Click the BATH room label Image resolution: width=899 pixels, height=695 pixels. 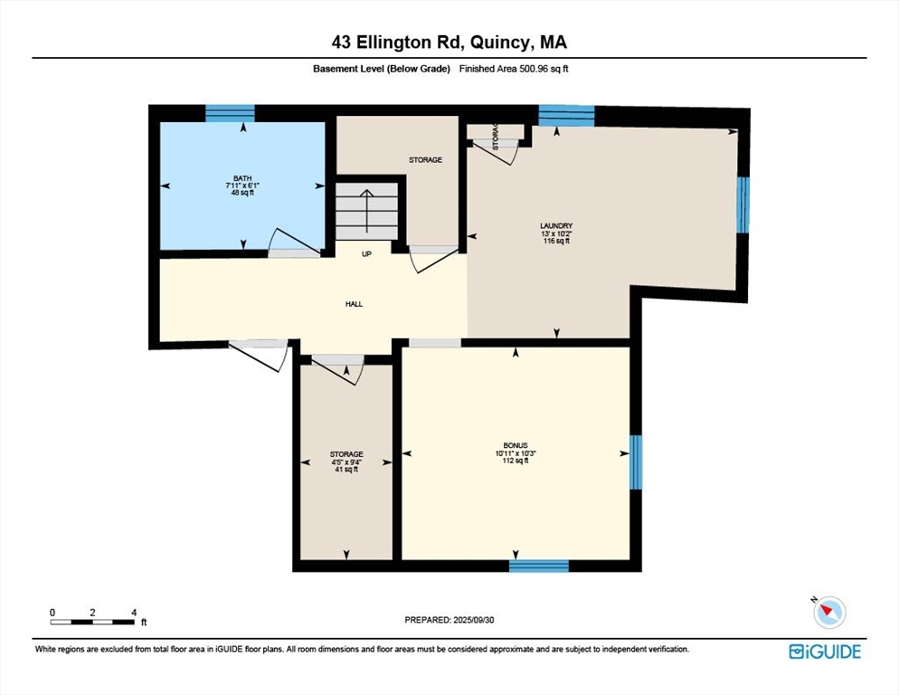coord(242,178)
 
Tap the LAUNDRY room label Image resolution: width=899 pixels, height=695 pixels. coord(556,226)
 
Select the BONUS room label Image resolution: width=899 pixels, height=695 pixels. coord(516,445)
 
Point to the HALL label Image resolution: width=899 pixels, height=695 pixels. coord(354,304)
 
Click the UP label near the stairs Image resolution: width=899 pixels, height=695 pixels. coord(366,254)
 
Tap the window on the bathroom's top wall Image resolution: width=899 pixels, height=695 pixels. coord(230,113)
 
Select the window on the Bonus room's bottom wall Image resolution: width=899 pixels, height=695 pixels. coord(539,566)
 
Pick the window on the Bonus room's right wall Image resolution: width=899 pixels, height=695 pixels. coord(636,462)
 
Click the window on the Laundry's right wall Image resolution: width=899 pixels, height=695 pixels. coord(743,205)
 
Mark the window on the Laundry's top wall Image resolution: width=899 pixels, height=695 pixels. coord(566,115)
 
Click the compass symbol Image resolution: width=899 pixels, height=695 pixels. coord(829,612)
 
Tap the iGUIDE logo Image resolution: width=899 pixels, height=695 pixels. coord(825,652)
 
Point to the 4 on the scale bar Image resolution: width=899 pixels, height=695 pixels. coord(134,613)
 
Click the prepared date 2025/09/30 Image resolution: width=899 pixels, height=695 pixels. coord(474,620)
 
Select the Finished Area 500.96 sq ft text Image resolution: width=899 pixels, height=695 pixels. coord(514,69)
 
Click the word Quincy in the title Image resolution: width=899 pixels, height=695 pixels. coord(497,43)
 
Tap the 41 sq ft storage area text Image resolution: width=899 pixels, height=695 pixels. coord(346,470)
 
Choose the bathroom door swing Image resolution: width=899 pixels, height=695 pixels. coord(294,241)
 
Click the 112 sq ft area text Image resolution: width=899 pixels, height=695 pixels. coord(516,461)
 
